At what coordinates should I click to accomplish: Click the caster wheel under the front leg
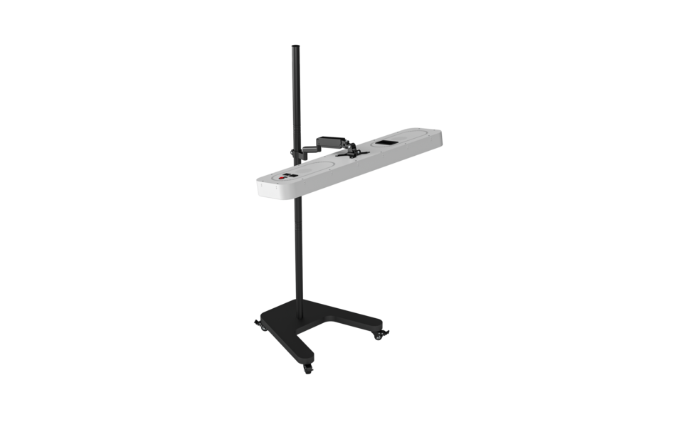pos(308,369)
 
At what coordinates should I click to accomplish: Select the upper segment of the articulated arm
pos(330,140)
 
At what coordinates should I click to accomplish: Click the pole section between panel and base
pos(297,249)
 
